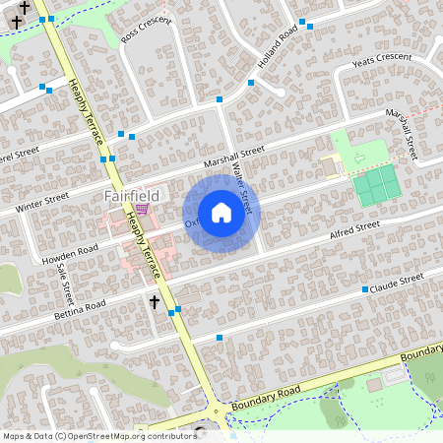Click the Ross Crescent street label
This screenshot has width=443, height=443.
point(145,29)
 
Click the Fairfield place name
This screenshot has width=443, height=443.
point(131,196)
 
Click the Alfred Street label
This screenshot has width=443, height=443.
point(354,230)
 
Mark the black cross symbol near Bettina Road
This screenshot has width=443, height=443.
point(154,300)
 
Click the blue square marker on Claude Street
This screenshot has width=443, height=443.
point(364,289)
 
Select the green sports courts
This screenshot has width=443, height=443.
point(373,186)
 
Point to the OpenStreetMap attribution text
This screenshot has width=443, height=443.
point(99,435)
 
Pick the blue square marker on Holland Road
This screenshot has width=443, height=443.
point(251,86)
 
